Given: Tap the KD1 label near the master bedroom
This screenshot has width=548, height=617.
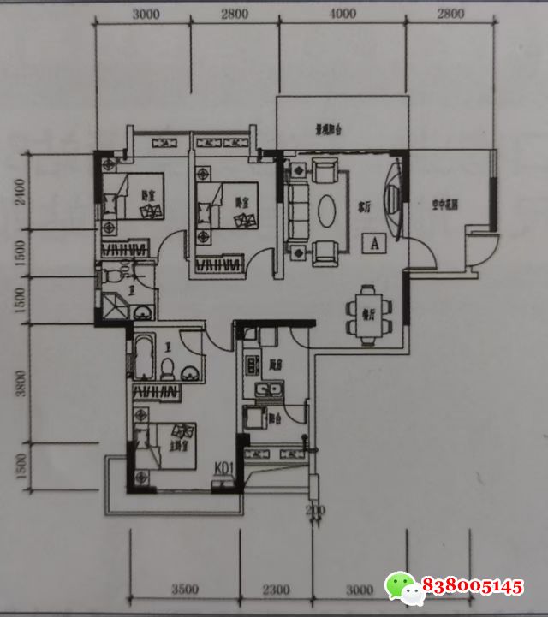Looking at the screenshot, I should coord(225,468).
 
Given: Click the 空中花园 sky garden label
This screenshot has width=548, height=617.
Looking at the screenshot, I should coord(444,205).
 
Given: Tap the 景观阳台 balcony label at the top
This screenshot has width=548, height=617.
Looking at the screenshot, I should coord(328,131).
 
